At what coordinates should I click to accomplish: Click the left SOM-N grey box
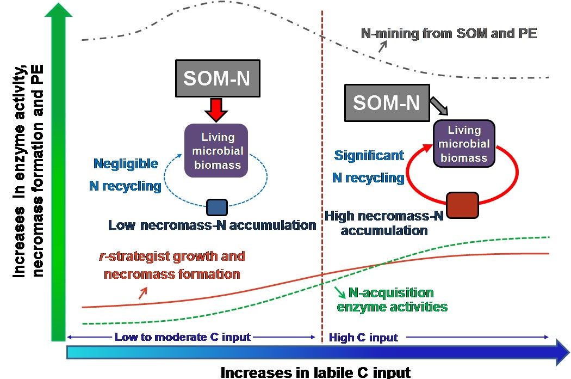click(217, 79)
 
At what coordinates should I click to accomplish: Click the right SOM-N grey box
click(386, 102)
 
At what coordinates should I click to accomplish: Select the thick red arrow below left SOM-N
click(217, 110)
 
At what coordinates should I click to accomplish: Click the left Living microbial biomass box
click(216, 150)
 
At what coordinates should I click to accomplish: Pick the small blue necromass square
click(217, 207)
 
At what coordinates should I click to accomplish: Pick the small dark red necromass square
click(462, 206)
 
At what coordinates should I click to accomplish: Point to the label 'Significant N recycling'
click(369, 167)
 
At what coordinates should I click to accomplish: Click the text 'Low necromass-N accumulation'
click(212, 225)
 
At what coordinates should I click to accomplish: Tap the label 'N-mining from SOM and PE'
click(449, 34)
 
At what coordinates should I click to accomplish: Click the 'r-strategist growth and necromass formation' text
click(174, 265)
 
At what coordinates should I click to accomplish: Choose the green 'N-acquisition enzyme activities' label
click(392, 300)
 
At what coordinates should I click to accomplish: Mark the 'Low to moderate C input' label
click(183, 337)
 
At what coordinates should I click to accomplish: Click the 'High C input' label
click(363, 338)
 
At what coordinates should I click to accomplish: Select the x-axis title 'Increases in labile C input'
click(315, 372)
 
